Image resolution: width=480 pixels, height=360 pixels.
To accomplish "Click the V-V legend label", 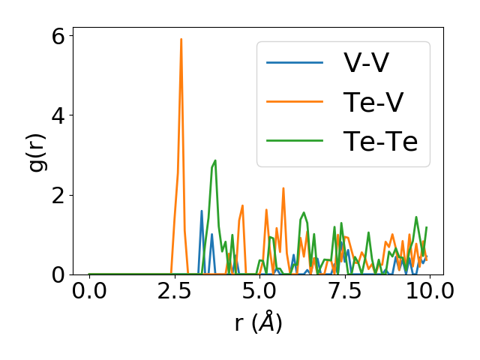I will (x=366, y=63).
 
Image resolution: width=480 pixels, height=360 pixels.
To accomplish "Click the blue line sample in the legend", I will (x=295, y=63).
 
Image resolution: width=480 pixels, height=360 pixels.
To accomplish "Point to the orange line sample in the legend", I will (x=295, y=102).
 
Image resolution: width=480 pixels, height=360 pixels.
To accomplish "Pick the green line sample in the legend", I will (x=295, y=141).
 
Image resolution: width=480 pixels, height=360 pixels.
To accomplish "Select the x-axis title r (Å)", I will (x=258, y=323).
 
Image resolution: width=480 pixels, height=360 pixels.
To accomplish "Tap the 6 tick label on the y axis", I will (x=58, y=35).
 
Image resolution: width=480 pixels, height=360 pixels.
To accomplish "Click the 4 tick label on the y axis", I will (x=58, y=115).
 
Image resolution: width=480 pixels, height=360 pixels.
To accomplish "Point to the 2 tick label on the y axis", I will (x=58, y=195).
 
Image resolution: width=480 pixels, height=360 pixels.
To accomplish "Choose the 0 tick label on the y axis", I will (x=58, y=274).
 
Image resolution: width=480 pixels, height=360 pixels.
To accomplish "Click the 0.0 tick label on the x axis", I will (x=89, y=292).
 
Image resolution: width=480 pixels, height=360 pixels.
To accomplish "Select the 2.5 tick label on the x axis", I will (x=174, y=292).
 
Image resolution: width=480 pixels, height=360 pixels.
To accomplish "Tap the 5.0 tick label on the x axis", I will (x=259, y=292).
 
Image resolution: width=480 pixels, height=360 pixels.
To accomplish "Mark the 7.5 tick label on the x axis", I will (x=344, y=292).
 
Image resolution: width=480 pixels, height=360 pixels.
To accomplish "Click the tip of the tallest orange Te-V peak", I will (x=181, y=39).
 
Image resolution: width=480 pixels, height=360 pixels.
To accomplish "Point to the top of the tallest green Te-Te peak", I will (x=215, y=160).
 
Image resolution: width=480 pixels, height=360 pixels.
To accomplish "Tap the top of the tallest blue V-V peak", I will (x=202, y=211).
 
